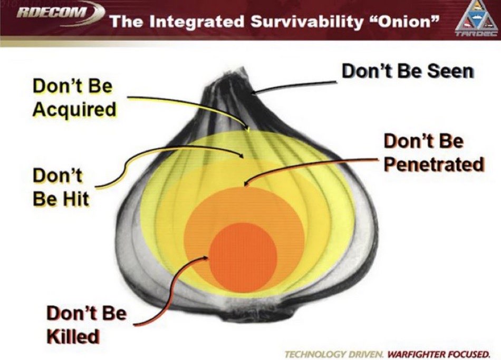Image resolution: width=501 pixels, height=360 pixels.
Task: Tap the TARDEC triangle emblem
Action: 476,19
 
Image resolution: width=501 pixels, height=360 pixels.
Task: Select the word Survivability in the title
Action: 307,22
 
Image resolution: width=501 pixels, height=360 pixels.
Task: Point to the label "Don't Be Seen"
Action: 408,71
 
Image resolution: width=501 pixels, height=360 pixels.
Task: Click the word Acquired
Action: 74,110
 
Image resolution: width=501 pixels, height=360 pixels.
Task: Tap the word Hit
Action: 75,199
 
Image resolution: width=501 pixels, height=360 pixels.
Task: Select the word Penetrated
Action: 434,164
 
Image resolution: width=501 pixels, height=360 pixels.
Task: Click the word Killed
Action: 73,336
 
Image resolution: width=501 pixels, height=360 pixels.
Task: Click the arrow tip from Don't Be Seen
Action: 252,93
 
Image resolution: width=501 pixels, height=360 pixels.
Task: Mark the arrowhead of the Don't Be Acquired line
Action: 248,129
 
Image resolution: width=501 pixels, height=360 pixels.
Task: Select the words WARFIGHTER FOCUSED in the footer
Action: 438,354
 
